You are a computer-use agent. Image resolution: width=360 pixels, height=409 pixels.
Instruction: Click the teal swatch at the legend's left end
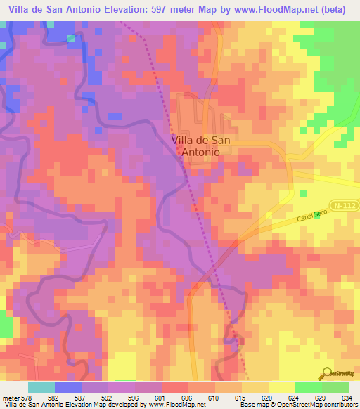41,387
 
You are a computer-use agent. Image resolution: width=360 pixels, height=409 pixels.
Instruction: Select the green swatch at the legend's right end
335,387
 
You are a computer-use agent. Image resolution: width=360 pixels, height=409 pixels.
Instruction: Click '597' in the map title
153,9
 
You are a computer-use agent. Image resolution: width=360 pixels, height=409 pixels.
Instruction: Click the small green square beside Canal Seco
316,214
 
